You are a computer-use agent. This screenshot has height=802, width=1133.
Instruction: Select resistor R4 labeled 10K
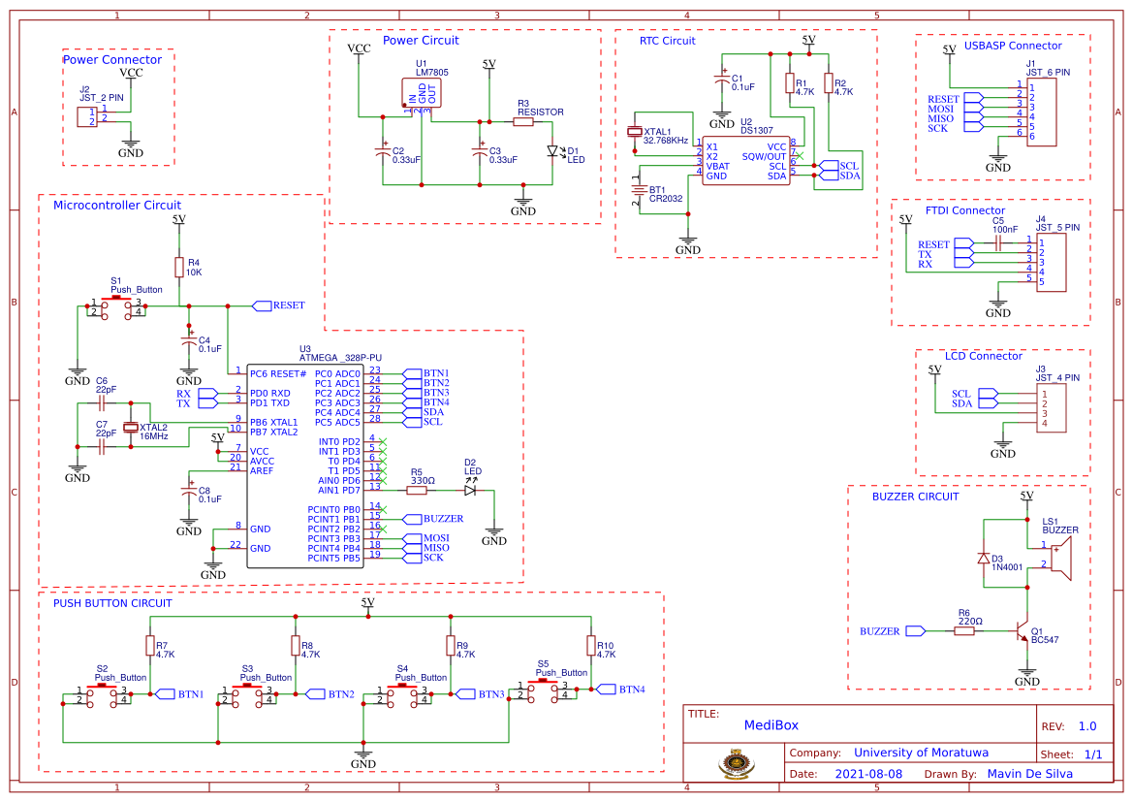[179, 268]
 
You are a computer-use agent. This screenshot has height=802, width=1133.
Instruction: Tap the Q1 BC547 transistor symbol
[1022, 631]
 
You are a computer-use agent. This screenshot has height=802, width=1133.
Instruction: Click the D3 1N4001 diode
[984, 560]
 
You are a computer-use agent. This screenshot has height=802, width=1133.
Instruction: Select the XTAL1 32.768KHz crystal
[635, 132]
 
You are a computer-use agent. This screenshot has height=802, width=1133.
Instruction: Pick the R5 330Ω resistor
[416, 491]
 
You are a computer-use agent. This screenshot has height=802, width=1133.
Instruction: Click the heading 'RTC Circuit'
[668, 42]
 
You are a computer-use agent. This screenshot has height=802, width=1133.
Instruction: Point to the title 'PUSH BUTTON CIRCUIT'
[112, 603]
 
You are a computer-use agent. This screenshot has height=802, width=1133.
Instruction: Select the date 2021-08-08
[868, 774]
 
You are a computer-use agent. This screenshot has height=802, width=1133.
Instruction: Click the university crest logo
[735, 763]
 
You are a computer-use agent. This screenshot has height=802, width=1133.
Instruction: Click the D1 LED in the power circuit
[553, 151]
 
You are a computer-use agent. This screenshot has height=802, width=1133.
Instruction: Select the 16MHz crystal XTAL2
[132, 428]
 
